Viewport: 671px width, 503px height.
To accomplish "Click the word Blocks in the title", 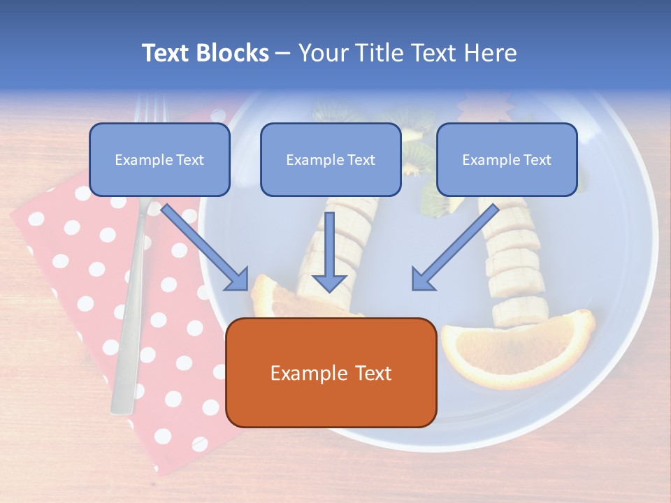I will tap(234, 53).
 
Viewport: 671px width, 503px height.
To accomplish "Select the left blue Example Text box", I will tap(159, 159).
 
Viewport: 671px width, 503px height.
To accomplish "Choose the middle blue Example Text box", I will tap(331, 159).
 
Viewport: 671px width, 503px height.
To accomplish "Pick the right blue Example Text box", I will tap(507, 159).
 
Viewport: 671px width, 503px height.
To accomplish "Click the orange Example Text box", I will tap(331, 372).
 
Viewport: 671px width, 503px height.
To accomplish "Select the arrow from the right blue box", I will tap(454, 248).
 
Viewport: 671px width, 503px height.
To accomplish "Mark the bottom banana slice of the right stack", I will tap(521, 312).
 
